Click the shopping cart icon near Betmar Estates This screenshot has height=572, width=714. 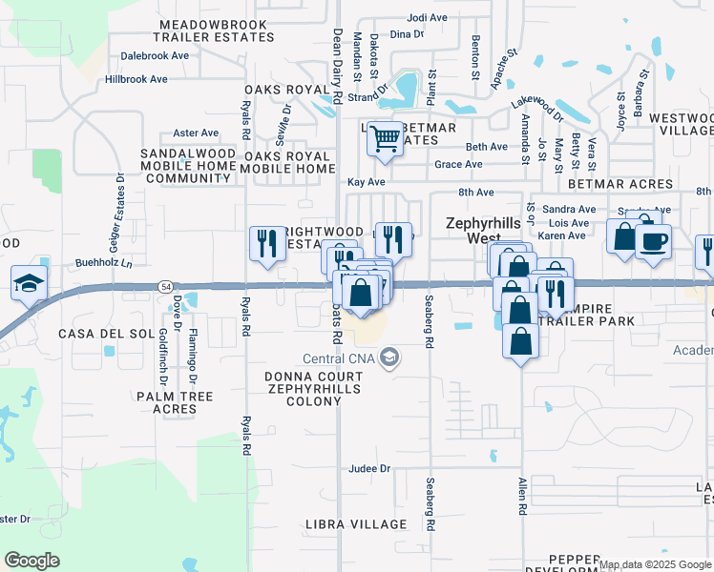pyautogui.click(x=385, y=139)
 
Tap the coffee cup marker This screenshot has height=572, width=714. pyautogui.click(x=653, y=241)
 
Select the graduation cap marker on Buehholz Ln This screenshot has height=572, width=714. pyautogui.click(x=29, y=282)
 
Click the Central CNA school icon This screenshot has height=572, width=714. pyautogui.click(x=388, y=357)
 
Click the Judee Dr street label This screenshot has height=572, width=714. pyautogui.click(x=370, y=468)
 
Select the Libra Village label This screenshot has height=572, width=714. pyautogui.click(x=356, y=524)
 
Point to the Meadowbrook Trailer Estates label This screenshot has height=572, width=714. pyautogui.click(x=218, y=30)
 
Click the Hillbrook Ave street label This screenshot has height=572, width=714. pyautogui.click(x=136, y=79)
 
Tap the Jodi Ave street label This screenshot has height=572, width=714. pyautogui.click(x=427, y=17)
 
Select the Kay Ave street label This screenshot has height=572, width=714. pyautogui.click(x=366, y=181)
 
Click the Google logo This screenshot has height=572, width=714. pyautogui.click(x=32, y=561)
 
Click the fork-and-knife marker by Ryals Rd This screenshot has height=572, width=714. pyautogui.click(x=264, y=242)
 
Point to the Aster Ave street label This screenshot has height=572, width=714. pyautogui.click(x=196, y=133)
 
